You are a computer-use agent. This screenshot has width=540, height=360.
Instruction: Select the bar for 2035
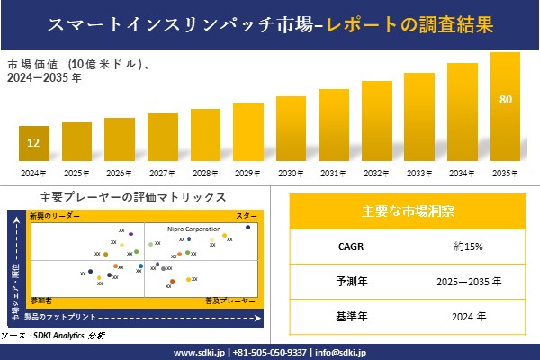click(505, 108)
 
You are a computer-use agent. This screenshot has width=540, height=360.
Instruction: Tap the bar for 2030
click(291, 130)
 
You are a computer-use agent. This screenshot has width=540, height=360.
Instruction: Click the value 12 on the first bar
click(33, 143)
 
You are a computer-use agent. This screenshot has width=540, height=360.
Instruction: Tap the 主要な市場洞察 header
click(408, 211)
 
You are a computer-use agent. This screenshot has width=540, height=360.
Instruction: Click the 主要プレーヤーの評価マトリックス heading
click(133, 197)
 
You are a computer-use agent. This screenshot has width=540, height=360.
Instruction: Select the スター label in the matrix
click(246, 217)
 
